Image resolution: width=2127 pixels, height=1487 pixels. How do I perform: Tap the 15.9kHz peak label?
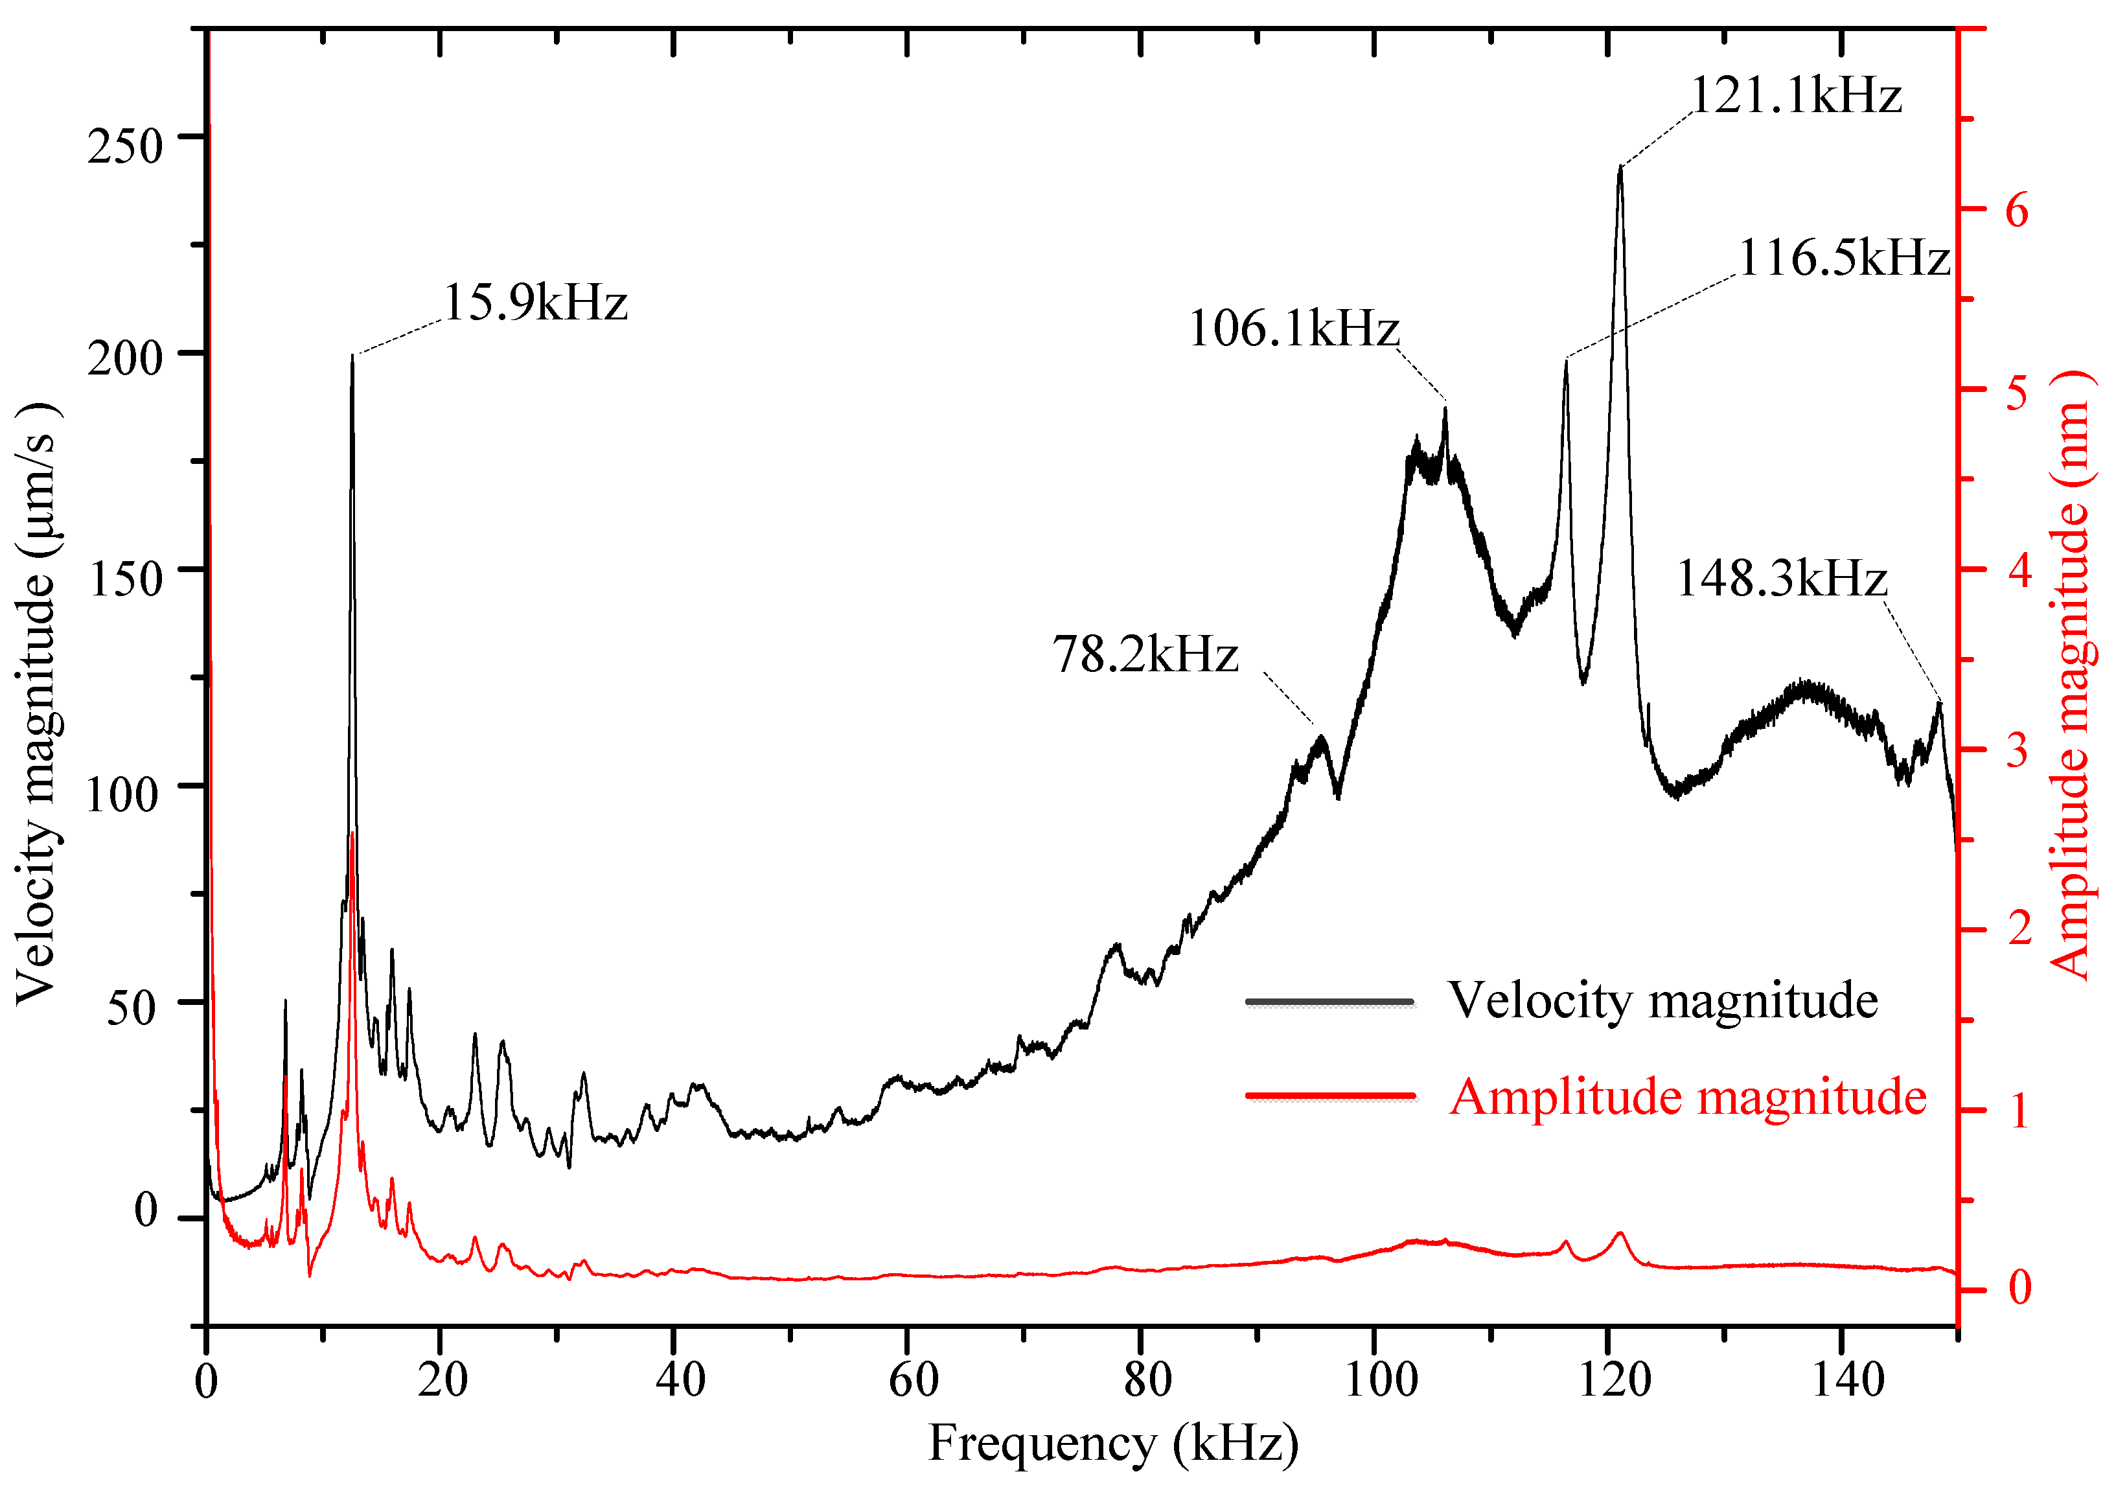[535, 303]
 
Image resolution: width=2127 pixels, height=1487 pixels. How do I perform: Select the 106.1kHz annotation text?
[1293, 329]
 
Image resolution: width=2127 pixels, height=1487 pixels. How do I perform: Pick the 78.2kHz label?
[1145, 655]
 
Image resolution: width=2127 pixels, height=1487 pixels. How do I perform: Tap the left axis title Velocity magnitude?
[37, 704]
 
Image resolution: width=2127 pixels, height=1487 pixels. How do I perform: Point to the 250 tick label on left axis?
[125, 146]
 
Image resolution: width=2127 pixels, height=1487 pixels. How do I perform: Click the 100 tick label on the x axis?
[1381, 1381]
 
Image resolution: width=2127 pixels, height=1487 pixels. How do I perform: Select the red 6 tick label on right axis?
[2017, 211]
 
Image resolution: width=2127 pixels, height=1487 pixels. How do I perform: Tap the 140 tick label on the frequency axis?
[1847, 1381]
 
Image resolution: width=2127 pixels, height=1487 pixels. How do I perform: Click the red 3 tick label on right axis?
[2017, 750]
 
